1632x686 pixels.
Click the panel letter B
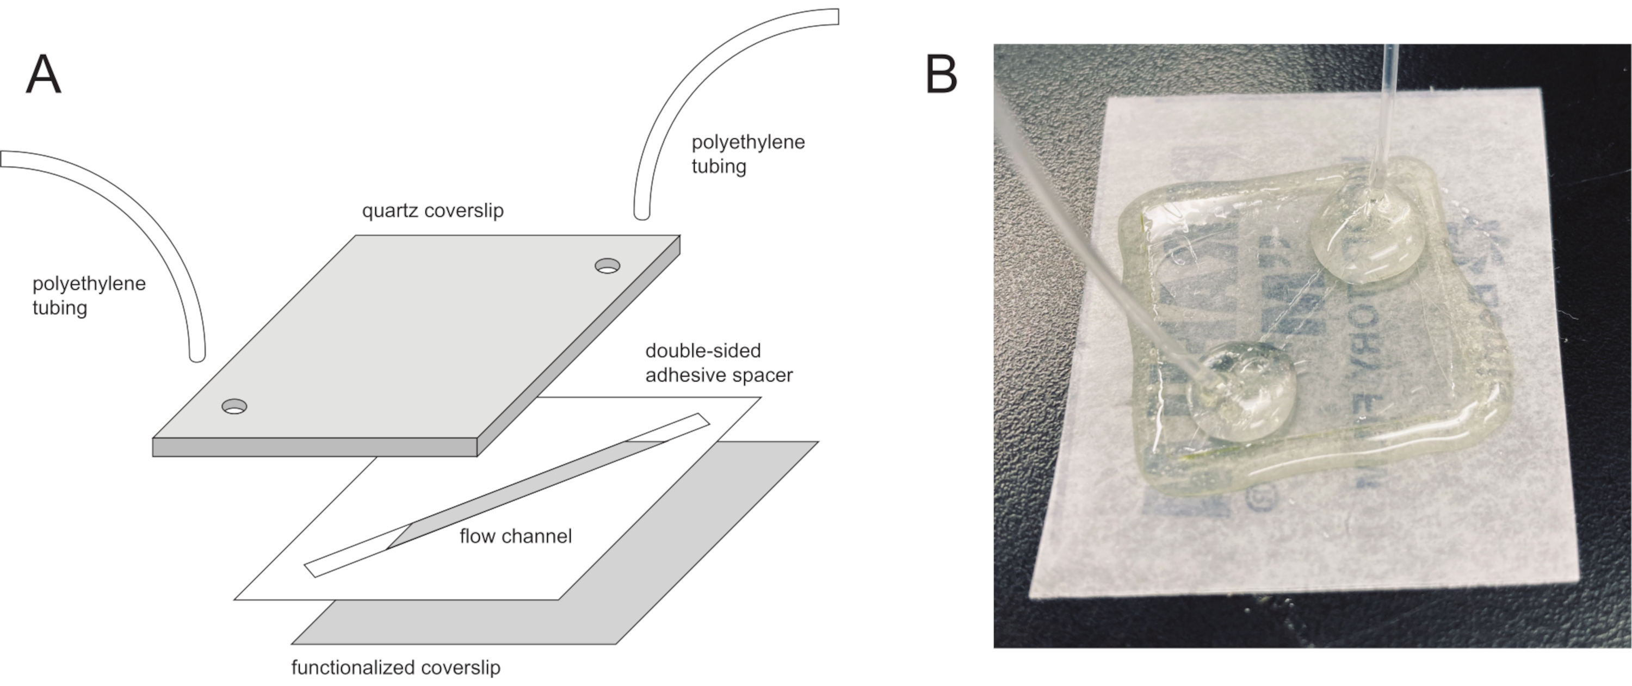(x=942, y=75)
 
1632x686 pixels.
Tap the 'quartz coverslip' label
(x=432, y=211)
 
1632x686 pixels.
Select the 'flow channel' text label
(x=516, y=536)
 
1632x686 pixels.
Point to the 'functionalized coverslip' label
(x=395, y=667)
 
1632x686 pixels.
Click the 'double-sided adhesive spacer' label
(x=719, y=363)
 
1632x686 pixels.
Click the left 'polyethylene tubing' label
(x=89, y=295)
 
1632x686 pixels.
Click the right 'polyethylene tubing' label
(x=747, y=154)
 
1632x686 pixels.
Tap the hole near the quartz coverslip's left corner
(x=234, y=406)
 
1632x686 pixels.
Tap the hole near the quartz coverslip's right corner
(x=608, y=265)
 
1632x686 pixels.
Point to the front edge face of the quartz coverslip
(x=314, y=447)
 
